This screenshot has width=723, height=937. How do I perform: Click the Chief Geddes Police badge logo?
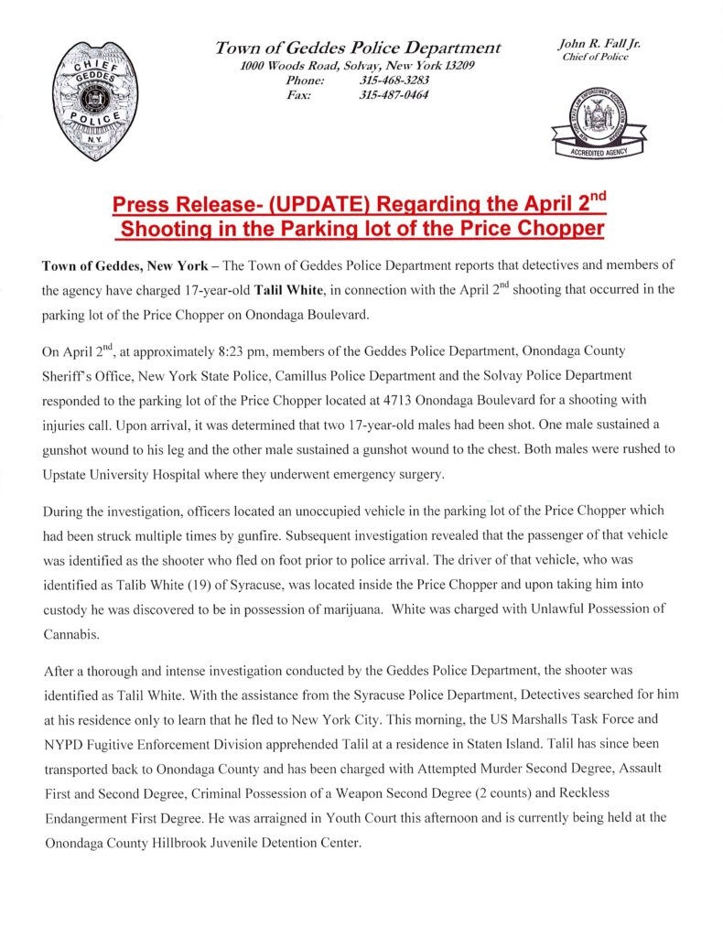(x=95, y=101)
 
